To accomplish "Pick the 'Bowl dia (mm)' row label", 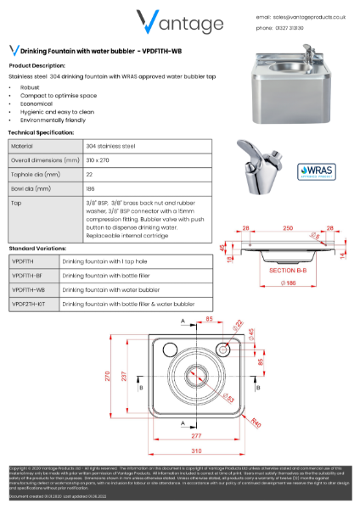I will point(31,188).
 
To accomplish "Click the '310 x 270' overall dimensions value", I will point(78,160).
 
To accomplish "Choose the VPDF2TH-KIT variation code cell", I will point(29,303).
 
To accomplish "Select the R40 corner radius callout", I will point(255,424).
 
